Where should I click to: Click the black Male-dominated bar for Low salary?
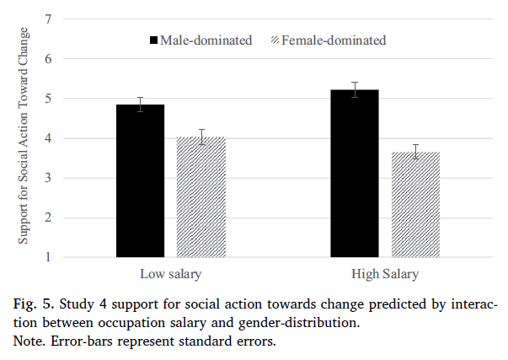click(x=140, y=180)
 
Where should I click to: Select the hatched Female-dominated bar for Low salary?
click(x=201, y=197)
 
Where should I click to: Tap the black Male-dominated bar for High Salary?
click(x=354, y=173)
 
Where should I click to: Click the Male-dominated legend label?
click(x=206, y=40)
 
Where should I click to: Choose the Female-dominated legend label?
click(x=334, y=40)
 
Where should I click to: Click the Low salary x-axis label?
click(x=170, y=275)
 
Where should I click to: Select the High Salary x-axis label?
click(x=384, y=275)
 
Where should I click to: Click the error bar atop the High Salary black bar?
click(x=354, y=89)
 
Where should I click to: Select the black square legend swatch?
click(x=154, y=40)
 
